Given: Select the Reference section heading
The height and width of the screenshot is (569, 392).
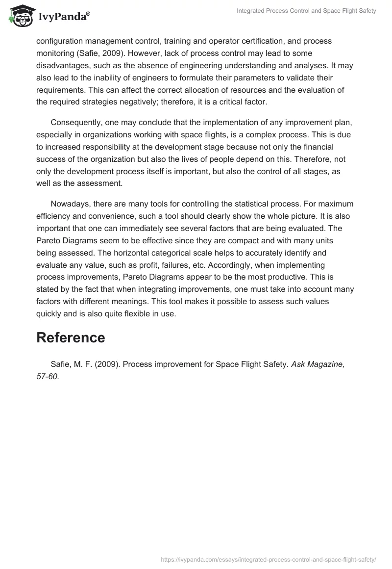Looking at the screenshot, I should (x=71, y=337).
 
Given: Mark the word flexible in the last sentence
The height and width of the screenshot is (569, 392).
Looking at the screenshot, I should (x=139, y=314).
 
